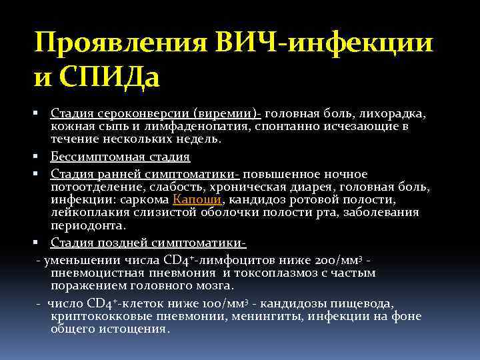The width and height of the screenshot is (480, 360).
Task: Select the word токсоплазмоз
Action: tap(280, 273)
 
